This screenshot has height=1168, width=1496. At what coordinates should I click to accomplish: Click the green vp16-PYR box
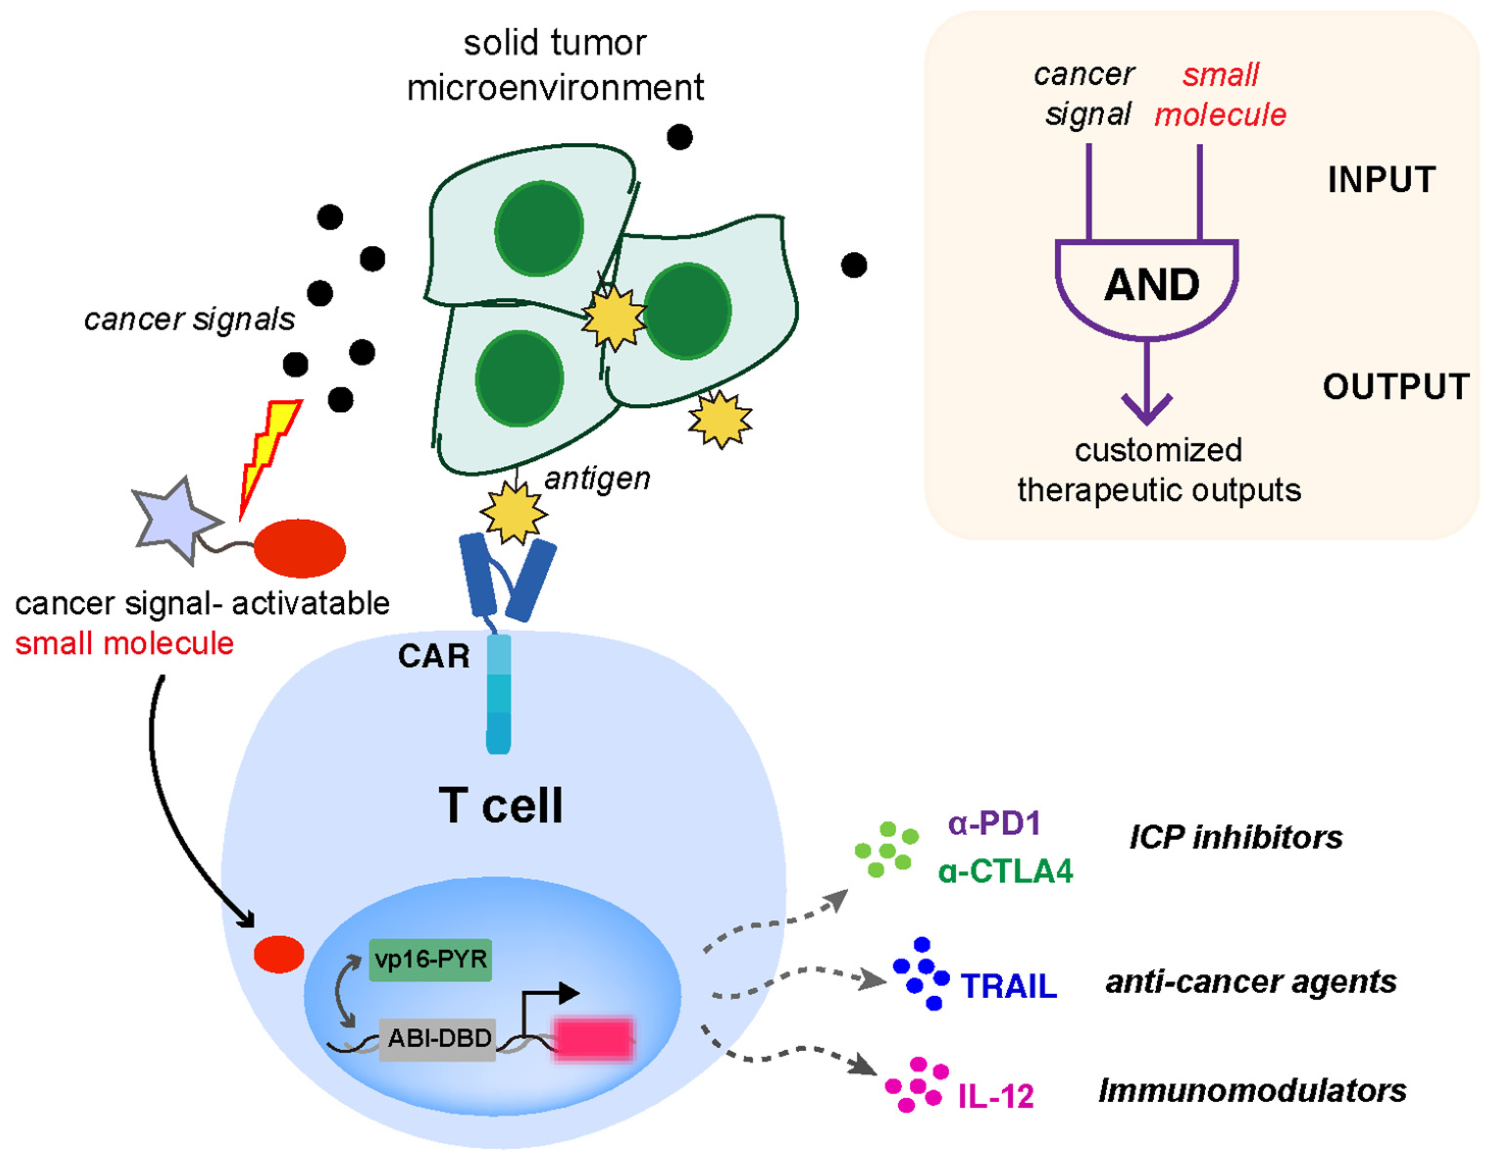(x=430, y=959)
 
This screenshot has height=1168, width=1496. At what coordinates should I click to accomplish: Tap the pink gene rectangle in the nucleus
(x=593, y=1039)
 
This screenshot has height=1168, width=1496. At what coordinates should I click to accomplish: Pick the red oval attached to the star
(x=300, y=548)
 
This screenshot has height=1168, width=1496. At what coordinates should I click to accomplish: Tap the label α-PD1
(x=994, y=823)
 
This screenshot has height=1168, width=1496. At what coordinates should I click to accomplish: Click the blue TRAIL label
(x=1009, y=986)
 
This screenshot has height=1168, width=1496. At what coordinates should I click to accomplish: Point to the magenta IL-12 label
(x=996, y=1096)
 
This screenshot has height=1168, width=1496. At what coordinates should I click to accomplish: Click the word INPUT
(x=1381, y=180)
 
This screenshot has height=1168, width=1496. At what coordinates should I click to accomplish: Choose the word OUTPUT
(x=1396, y=387)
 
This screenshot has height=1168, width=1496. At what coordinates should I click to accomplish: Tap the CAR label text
(x=434, y=656)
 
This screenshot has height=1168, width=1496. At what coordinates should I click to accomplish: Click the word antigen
(x=597, y=479)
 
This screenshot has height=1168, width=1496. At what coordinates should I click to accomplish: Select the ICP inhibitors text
(x=1236, y=837)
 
